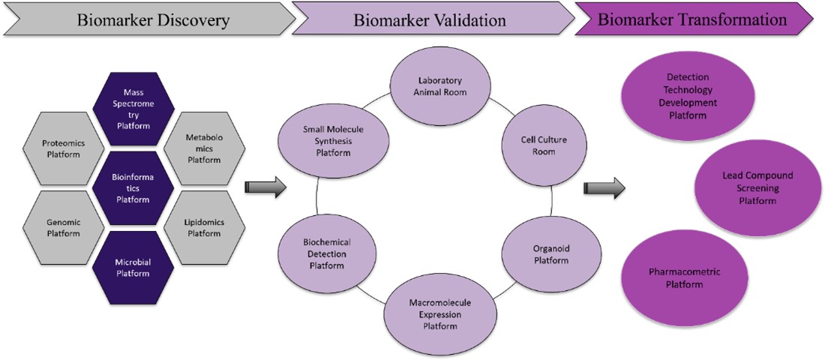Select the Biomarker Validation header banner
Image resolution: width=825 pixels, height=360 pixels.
coord(431,20)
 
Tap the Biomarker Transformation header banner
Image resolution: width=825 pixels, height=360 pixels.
coord(694,20)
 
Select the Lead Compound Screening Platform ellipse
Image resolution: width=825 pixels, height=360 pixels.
coord(746,187)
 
